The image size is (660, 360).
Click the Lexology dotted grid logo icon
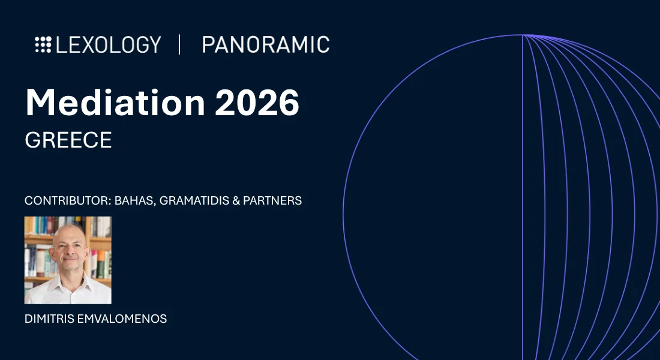pos(43,44)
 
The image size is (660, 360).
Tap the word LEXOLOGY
pos(109,44)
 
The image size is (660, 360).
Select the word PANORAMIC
pos(266,44)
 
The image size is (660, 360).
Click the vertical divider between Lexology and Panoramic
pos(180,44)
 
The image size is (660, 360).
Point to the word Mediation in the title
pos(115,103)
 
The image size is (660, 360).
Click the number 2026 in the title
pos(257,103)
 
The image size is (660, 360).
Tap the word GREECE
pos(68,140)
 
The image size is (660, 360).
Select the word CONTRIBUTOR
pos(67,200)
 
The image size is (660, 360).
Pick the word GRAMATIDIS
pos(194,200)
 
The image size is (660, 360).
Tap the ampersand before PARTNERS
pos(236,200)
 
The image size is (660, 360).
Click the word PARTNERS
pos(272,200)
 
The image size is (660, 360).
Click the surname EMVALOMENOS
pos(122,319)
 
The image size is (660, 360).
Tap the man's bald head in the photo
pos(68,233)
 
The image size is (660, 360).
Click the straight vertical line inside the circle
pos(523,197)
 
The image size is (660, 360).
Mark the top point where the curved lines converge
pos(523,35)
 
